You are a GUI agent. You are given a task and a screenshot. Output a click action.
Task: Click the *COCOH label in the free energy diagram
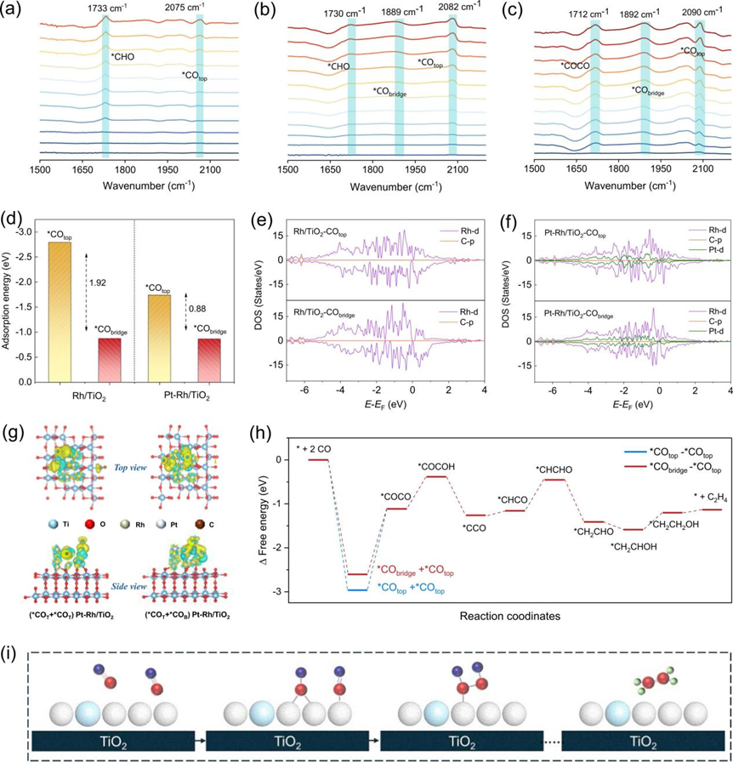[437, 464]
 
